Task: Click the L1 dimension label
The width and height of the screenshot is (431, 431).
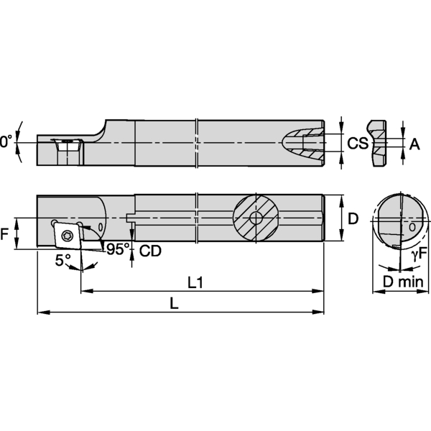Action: [195, 282]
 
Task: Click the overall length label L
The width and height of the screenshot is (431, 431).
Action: [174, 304]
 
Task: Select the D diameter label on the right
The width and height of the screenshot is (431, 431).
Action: [353, 218]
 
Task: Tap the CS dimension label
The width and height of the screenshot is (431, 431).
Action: [357, 144]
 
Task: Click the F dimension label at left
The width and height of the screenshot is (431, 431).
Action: [6, 234]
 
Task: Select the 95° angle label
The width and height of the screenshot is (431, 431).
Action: [118, 249]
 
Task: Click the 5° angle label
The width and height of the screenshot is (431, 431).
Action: [63, 259]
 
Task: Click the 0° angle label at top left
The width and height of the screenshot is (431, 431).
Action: [6, 143]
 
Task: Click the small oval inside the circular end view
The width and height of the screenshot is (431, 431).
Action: [412, 227]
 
